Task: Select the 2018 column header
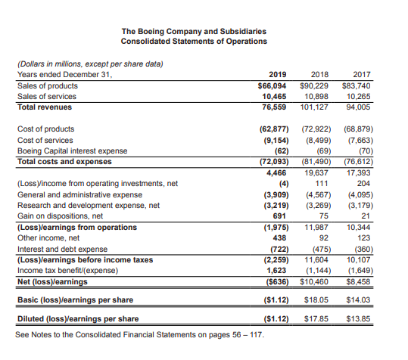(x=321, y=74)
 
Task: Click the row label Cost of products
(x=45, y=129)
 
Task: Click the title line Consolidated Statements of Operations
(x=195, y=41)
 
